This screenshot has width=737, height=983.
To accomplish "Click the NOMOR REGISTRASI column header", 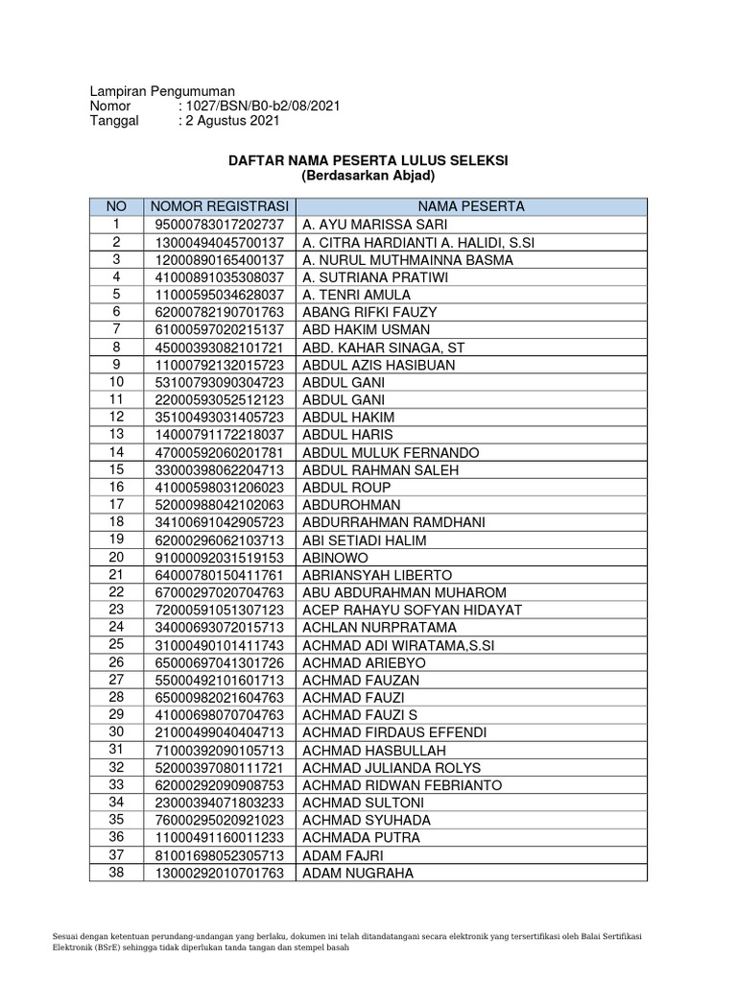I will tap(220, 206).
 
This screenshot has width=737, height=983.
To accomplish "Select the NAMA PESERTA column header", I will tap(471, 206).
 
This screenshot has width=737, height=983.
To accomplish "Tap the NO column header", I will tap(116, 206).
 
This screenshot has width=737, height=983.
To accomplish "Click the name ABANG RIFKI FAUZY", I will tap(369, 312).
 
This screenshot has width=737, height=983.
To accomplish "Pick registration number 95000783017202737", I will tap(220, 225).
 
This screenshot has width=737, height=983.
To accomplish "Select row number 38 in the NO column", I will tap(116, 873).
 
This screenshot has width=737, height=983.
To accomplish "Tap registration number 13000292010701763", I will tap(220, 874).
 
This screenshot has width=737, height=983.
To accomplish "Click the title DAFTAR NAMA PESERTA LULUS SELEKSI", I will tap(368, 160).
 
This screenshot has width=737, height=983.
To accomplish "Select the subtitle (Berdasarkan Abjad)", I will tap(368, 177).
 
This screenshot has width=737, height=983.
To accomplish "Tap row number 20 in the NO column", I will tap(116, 557).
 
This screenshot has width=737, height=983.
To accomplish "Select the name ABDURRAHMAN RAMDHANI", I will tap(393, 522).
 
